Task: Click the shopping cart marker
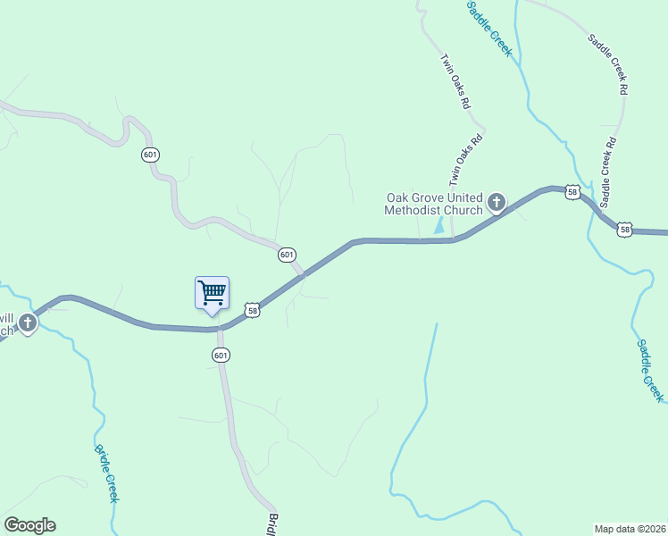[212, 293]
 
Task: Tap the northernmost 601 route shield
[150, 155]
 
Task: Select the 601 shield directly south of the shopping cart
[221, 355]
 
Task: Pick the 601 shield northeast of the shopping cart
[286, 255]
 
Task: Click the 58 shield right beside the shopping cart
[254, 310]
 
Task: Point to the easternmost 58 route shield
[625, 230]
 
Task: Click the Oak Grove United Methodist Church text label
[434, 204]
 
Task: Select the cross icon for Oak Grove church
[497, 203]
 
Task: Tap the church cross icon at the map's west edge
[28, 322]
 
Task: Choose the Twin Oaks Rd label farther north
[455, 80]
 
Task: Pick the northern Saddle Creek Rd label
[609, 64]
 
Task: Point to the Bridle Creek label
[105, 473]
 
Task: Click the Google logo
[29, 525]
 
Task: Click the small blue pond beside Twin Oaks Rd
[438, 227]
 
